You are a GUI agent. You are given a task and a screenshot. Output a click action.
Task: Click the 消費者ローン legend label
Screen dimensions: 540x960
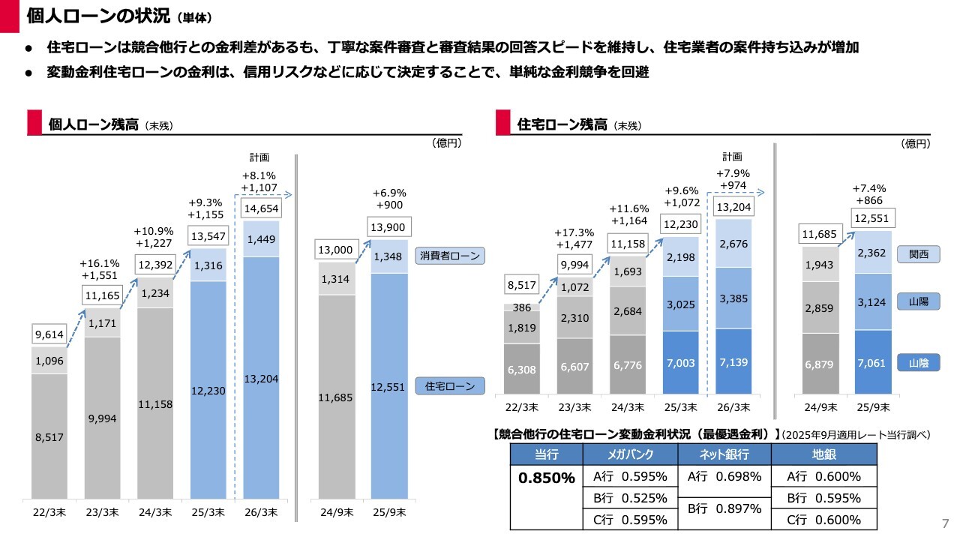click(x=451, y=256)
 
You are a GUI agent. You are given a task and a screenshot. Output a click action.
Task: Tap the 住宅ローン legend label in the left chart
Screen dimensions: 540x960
click(x=451, y=386)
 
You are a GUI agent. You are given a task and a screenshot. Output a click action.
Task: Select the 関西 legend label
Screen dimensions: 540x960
click(x=919, y=255)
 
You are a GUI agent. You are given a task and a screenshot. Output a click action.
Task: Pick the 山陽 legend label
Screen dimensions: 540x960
click(x=919, y=300)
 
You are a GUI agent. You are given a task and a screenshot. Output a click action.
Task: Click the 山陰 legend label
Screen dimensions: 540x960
click(x=919, y=363)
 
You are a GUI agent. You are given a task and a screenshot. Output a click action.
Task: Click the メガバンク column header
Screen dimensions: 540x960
click(x=629, y=454)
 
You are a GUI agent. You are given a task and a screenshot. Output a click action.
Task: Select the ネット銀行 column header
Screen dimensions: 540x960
click(x=724, y=454)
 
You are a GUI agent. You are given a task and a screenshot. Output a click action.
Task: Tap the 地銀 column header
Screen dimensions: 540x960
click(x=823, y=454)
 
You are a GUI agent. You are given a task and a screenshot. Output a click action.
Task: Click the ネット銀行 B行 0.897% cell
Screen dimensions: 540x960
click(x=724, y=508)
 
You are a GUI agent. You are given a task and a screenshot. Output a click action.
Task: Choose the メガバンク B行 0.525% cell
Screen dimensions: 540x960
click(x=629, y=498)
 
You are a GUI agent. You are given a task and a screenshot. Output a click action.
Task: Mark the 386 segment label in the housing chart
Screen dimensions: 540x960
click(x=521, y=307)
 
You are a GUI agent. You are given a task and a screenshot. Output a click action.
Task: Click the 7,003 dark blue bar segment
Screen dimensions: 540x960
click(x=681, y=363)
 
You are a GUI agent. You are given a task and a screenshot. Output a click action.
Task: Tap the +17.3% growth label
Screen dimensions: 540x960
click(x=574, y=232)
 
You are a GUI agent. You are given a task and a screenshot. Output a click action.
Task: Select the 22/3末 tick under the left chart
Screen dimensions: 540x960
click(x=49, y=513)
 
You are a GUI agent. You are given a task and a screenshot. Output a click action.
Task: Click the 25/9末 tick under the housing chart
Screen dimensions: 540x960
click(x=874, y=408)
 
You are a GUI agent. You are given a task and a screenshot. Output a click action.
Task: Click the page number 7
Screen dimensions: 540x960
click(x=945, y=522)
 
